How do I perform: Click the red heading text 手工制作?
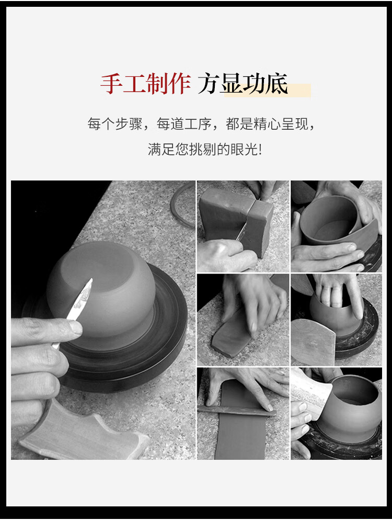[145, 83]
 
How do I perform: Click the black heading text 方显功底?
[243, 83]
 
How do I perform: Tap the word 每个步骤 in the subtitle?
[115, 123]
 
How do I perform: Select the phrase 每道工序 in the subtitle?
[184, 123]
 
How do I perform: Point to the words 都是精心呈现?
[267, 123]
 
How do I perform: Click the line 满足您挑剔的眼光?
[205, 149]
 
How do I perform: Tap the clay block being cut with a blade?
[235, 217]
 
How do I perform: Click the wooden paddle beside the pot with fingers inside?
[313, 342]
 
